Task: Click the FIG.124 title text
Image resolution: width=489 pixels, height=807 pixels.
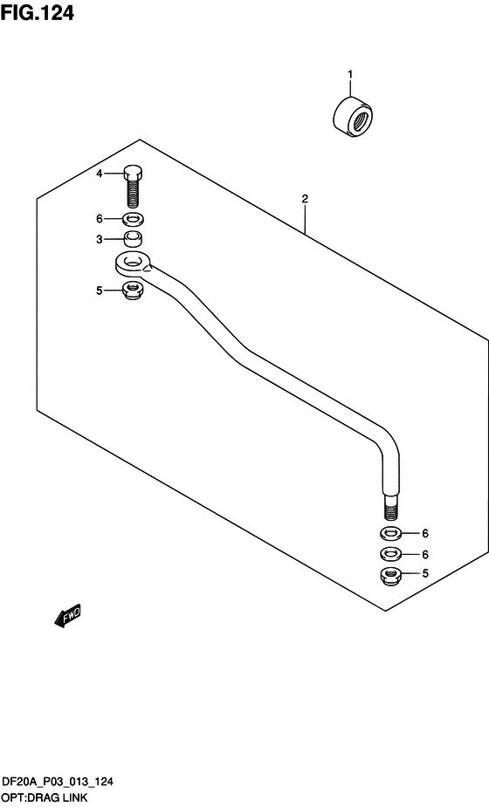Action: [37, 12]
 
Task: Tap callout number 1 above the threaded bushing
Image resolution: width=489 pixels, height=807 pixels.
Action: [350, 75]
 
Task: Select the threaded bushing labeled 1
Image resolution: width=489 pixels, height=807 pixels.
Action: [353, 117]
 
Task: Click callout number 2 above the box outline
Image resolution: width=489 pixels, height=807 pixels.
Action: [305, 198]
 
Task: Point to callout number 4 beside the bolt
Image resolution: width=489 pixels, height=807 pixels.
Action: [100, 174]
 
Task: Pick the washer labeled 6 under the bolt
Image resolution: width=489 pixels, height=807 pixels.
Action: [133, 219]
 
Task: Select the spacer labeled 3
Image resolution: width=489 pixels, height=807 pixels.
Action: [133, 239]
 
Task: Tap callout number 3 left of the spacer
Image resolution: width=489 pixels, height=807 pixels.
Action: [100, 239]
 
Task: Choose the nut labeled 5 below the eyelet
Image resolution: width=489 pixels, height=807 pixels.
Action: [133, 291]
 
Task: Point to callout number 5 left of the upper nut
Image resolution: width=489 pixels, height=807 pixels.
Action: [100, 291]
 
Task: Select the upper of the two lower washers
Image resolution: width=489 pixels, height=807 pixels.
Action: [391, 533]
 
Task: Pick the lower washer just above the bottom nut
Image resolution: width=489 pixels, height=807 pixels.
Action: [391, 554]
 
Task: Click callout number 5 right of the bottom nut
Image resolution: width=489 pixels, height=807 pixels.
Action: [425, 573]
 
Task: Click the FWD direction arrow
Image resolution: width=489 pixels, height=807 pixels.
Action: [67, 615]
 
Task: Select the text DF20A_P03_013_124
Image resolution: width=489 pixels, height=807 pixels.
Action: [58, 783]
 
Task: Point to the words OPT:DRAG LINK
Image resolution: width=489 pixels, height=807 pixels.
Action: [45, 799]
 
